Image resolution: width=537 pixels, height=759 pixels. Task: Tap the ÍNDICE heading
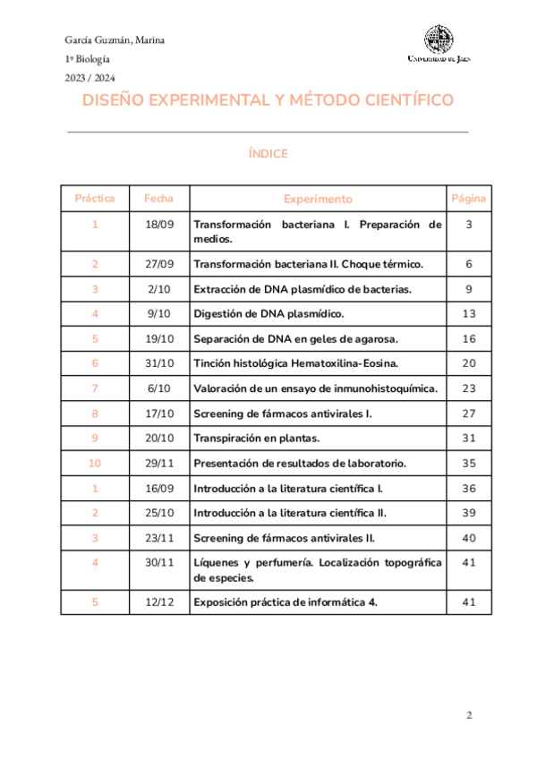pos(268,154)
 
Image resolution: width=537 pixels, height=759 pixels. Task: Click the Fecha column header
pos(158,198)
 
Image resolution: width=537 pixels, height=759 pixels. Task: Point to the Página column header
pos(469,198)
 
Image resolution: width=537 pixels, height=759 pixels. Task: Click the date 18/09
pos(158,224)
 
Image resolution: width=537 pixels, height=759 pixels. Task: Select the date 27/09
pos(158,265)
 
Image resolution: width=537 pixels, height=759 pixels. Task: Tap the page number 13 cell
pos(469,314)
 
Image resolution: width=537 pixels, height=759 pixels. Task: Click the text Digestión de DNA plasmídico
pos(268,314)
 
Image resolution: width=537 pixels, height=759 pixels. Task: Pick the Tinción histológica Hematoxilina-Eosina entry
pos(296,363)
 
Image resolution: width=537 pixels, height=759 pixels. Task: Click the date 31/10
pos(158,363)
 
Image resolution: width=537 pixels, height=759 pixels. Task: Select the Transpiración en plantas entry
pos(257,438)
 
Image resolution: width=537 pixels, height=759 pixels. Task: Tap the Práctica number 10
pos(95,463)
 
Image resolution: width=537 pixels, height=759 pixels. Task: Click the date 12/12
pos(158,602)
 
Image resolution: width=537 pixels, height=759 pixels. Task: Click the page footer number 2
pos(469,715)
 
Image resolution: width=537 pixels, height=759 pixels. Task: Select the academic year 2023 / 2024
pos(89,78)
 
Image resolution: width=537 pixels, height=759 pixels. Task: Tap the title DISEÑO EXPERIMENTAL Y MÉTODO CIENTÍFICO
pos(268,100)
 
